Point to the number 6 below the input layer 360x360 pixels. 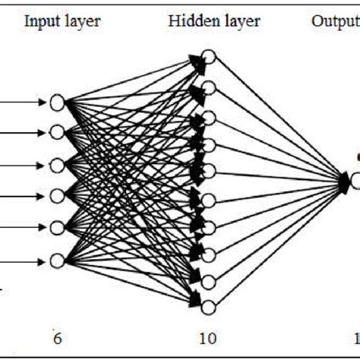pos(57,336)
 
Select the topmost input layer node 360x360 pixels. pos(58,101)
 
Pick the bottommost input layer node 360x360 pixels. pos(58,260)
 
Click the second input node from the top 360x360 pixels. pos(58,133)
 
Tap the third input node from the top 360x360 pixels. pos(58,165)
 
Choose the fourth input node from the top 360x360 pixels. pos(58,197)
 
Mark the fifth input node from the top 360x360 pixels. pos(58,229)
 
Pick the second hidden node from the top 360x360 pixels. pos(210,87)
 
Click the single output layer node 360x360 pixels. pos(355,181)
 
